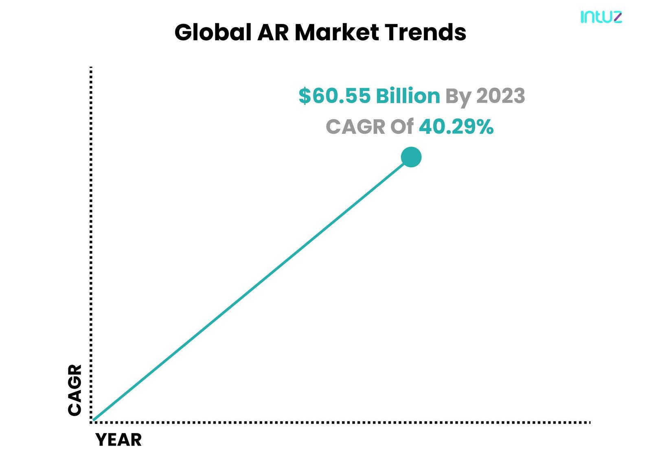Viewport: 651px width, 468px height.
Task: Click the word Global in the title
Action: point(213,32)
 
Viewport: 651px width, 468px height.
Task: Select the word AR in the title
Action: point(273,33)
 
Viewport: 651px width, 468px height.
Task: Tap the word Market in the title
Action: point(337,32)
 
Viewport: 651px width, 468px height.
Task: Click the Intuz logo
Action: point(601,17)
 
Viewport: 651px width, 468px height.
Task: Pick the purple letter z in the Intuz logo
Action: point(616,17)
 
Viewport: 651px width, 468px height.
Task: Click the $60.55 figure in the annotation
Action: point(335,96)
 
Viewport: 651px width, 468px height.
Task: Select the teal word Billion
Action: point(408,96)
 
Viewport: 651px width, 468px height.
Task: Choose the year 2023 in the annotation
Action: point(500,96)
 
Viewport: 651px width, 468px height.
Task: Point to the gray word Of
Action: point(402,127)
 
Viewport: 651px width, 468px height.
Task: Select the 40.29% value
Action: point(456,127)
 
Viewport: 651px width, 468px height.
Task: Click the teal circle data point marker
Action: point(411,157)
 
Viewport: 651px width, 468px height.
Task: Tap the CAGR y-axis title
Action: point(75,390)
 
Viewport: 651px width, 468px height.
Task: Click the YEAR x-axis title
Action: point(118,440)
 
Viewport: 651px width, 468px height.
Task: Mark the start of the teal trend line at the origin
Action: point(93,420)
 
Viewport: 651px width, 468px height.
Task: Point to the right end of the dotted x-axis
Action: point(590,422)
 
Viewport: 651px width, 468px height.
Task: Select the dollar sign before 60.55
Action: point(305,96)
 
